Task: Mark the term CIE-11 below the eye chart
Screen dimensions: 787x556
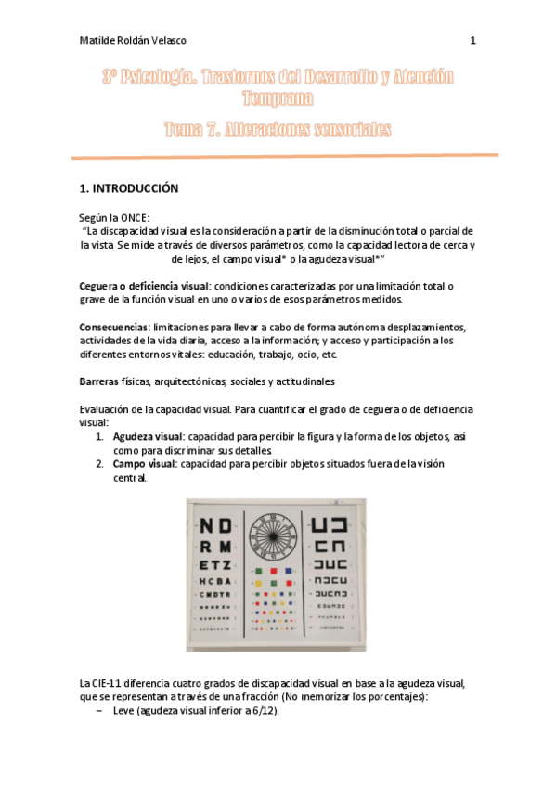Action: coord(106,684)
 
